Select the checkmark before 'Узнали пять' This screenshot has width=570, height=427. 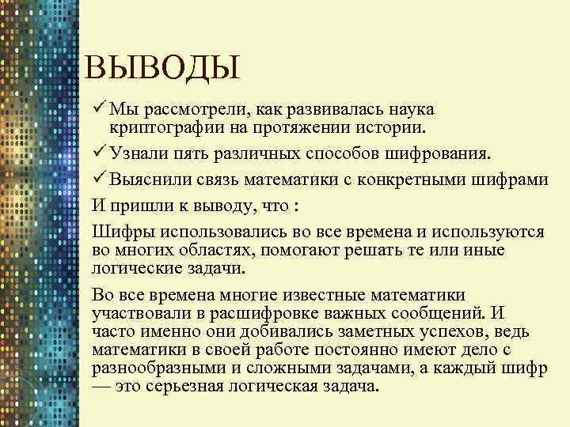pyautogui.click(x=99, y=151)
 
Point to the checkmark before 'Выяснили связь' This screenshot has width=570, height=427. pyautogui.click(x=99, y=179)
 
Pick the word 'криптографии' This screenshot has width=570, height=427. pyautogui.click(x=161, y=127)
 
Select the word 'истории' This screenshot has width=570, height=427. pyautogui.click(x=393, y=127)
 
